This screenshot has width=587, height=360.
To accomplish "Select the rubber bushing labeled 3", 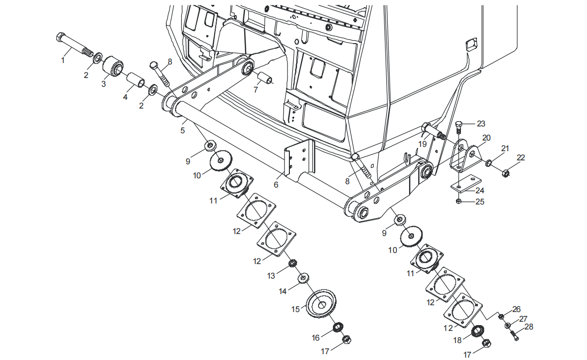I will pos(113,66).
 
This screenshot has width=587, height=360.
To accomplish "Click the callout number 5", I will pos(183,130).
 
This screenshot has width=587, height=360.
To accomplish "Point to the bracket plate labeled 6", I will pos(299,158).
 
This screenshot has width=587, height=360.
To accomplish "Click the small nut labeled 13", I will pos(293,263).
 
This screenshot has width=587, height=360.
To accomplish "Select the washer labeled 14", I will pos(304,278).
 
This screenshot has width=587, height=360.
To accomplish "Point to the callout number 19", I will pos(423,144).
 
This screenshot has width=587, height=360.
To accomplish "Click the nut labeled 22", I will pos(505,171).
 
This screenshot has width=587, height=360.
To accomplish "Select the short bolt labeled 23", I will pos(459,126).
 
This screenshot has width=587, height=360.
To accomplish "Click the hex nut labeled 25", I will pos(459,201).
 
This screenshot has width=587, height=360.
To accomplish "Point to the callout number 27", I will pos(524,319).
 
